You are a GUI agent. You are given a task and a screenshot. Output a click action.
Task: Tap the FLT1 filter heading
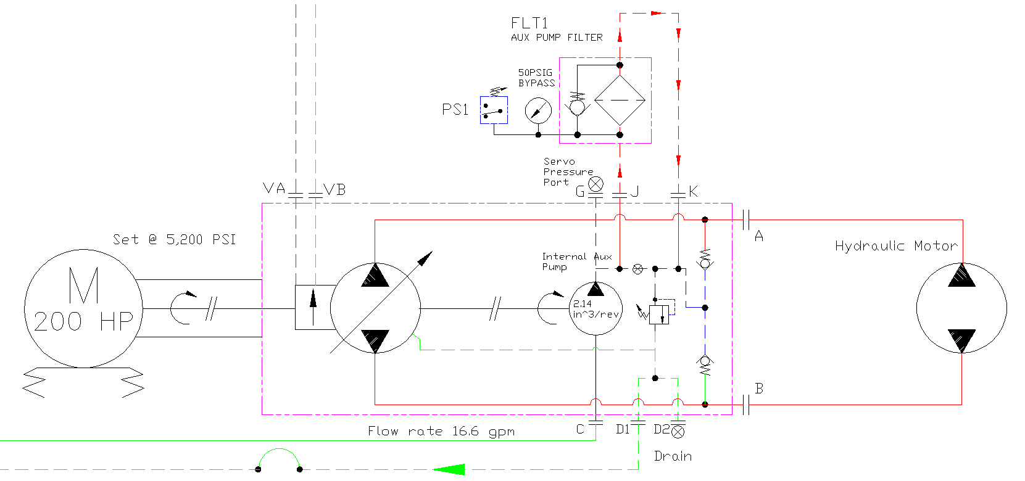coord(529,23)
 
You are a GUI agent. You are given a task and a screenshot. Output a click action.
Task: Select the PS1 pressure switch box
coord(494,110)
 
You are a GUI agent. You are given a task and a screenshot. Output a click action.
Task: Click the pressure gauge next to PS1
coord(538,110)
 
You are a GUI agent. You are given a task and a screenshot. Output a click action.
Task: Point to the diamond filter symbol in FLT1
coord(620,100)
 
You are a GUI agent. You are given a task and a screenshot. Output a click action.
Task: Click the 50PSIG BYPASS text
coord(536,78)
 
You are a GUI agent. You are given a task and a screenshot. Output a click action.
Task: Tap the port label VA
coord(273,188)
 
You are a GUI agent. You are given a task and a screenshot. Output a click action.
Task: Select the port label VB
coord(334,189)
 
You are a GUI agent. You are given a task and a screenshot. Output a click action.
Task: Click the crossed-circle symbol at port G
coord(595,184)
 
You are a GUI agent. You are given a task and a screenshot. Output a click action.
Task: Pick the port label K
coord(693,191)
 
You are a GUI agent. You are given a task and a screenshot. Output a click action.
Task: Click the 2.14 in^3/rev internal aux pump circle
coord(595,308)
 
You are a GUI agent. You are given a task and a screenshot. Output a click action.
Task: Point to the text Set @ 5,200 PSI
coord(175,240)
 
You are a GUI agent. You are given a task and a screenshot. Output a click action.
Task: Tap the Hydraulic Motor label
coord(897,246)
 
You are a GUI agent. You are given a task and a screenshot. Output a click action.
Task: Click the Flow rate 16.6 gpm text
coord(441,431)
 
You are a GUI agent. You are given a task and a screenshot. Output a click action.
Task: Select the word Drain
coord(673,456)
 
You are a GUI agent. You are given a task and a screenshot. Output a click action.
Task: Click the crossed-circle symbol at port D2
coord(678,432)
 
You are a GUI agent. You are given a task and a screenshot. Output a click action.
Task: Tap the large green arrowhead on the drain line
coord(449,469)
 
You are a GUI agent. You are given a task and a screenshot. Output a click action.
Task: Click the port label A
coord(758,236)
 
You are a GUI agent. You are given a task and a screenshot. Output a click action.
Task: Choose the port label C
coord(580,429)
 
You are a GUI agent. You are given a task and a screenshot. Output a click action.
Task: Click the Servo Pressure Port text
coord(568,172)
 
